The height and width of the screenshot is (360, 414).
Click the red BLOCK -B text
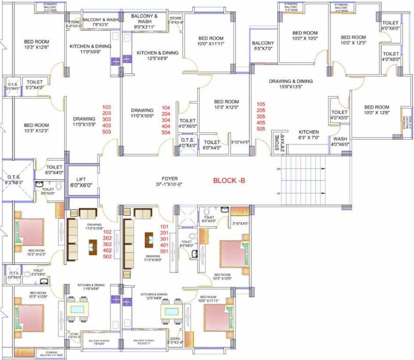(x=232, y=180)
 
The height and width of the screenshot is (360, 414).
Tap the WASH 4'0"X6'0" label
(x=340, y=142)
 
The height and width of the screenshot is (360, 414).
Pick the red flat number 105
(x=261, y=104)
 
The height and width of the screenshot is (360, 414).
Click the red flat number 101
(x=164, y=226)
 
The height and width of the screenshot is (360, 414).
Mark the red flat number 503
(x=107, y=132)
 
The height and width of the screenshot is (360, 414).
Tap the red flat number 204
(x=166, y=114)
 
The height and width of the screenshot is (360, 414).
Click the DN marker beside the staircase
(x=279, y=168)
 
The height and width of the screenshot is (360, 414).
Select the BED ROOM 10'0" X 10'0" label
(x=305, y=36)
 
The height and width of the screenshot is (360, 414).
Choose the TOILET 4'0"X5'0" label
(x=340, y=115)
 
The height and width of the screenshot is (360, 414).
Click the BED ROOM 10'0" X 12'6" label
(x=377, y=110)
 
